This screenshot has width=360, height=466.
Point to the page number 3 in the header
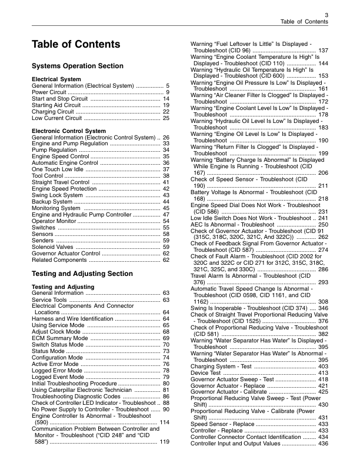[326, 14]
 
